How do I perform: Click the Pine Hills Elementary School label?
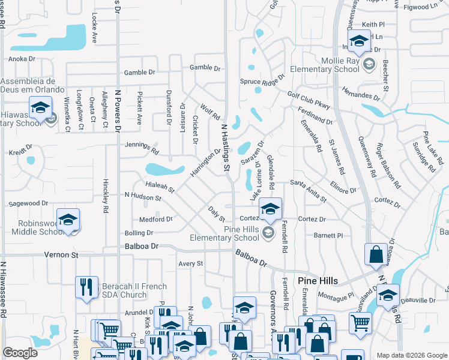pyautogui.click(x=241, y=233)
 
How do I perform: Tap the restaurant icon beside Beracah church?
pyautogui.click(x=86, y=287)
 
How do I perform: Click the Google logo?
pyautogui.click(x=20, y=353)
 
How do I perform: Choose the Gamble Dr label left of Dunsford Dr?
pyautogui.click(x=139, y=72)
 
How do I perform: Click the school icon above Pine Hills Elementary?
pyautogui.click(x=270, y=210)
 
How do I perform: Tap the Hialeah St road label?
pyautogui.click(x=160, y=187)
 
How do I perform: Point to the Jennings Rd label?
pyautogui.click(x=142, y=148)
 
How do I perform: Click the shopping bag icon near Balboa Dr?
pyautogui.click(x=376, y=254)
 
